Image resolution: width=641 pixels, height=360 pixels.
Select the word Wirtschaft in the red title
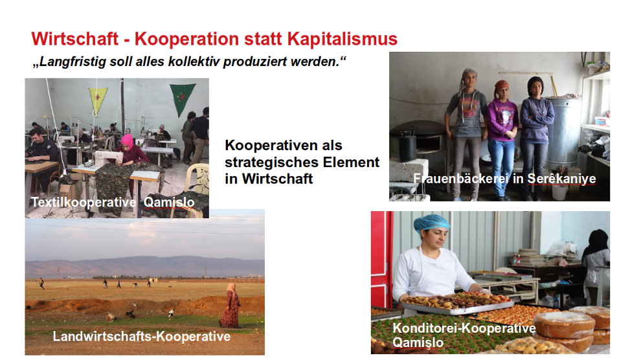tap(75, 39)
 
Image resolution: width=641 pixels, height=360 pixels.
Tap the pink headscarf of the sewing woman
tap(127, 141)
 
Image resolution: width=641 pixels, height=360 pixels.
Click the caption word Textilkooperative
tap(84, 202)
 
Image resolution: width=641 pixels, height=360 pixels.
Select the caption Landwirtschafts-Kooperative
tap(141, 336)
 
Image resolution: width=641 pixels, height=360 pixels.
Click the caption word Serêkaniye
tap(561, 179)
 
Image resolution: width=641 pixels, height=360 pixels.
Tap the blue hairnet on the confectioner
tap(431, 223)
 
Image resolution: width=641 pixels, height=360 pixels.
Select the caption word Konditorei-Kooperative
tap(464, 328)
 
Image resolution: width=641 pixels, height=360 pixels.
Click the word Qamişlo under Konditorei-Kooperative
tap(418, 343)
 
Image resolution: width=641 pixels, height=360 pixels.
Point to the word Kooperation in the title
tap(186, 39)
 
